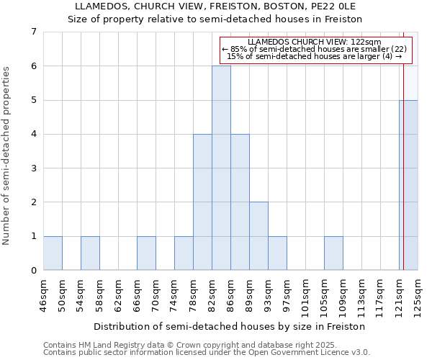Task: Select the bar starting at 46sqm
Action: [53, 253]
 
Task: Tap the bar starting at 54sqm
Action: [90, 253]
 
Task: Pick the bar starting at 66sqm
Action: [146, 253]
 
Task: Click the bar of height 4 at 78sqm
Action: [202, 202]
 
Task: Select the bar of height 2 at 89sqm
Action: [258, 236]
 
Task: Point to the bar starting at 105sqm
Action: [333, 253]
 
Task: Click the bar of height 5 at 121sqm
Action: [409, 185]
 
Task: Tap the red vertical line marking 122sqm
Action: [404, 144]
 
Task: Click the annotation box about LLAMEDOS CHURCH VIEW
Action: [315, 49]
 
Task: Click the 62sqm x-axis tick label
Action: [118, 296]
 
